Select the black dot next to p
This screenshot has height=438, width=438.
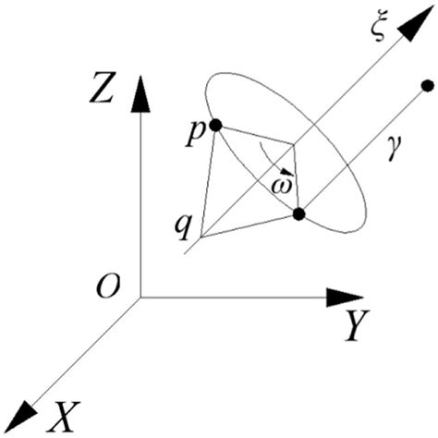click(x=215, y=125)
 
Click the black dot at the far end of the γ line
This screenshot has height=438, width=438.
click(x=427, y=87)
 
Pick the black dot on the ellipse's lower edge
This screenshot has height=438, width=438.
click(x=298, y=214)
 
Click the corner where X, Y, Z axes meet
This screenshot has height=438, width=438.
click(x=140, y=298)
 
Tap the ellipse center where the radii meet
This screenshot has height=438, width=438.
click(x=293, y=144)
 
